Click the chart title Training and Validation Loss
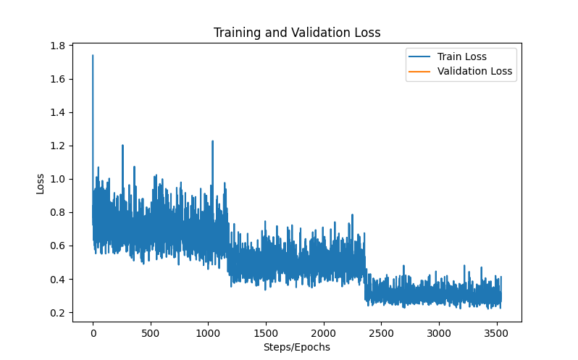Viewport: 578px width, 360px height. pos(296,33)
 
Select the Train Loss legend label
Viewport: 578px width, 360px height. pos(461,56)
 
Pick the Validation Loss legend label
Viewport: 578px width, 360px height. pos(474,71)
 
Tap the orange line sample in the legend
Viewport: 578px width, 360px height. pos(419,71)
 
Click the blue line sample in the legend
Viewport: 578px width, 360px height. pos(419,56)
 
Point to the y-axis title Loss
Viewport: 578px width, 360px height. pos(41,183)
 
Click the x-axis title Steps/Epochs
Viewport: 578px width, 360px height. pos(296,347)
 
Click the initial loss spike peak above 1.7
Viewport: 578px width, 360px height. pos(93,55)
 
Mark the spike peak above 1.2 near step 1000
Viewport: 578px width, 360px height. pos(212,141)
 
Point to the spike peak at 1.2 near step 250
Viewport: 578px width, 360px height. pos(122,145)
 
